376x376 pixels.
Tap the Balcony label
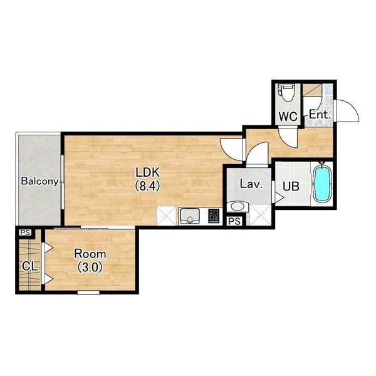(40, 181)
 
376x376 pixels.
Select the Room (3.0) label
(90, 261)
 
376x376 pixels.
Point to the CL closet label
(30, 266)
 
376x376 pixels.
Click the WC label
(288, 117)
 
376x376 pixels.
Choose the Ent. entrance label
(320, 115)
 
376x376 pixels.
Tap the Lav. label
(250, 184)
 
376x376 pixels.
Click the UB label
(291, 186)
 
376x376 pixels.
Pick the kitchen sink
(190, 216)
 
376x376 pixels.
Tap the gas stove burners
(214, 216)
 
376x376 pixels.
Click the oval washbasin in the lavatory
(237, 206)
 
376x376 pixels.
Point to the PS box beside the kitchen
(234, 221)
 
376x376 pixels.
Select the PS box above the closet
(26, 232)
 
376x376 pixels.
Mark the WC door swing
(288, 137)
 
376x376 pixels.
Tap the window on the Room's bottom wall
(88, 292)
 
